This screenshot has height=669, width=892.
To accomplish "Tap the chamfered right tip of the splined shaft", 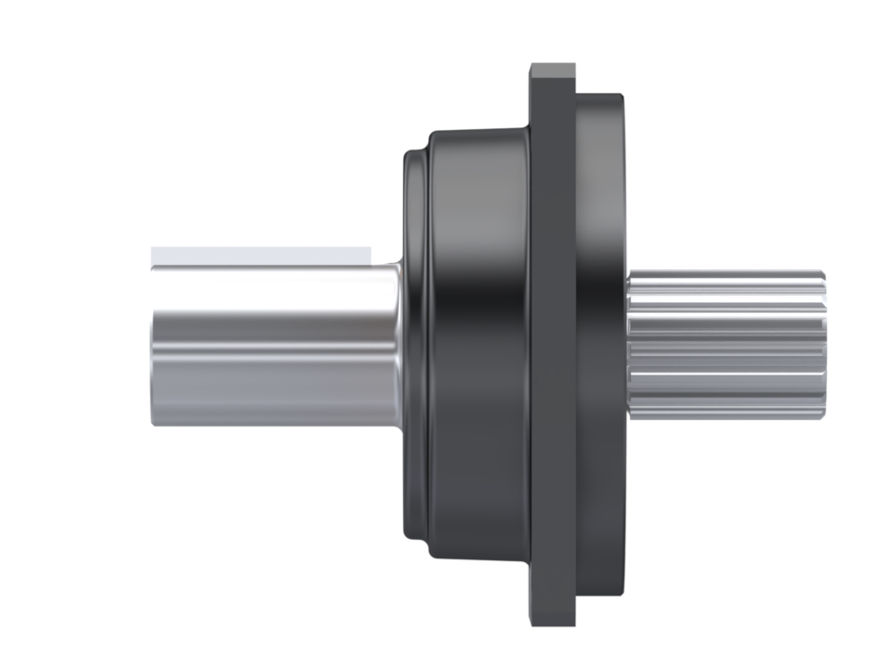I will point(821,344).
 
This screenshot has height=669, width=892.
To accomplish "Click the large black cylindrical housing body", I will point(479,344).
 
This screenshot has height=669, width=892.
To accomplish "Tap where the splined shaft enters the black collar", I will point(630,344).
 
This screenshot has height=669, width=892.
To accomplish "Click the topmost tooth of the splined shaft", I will point(725,276).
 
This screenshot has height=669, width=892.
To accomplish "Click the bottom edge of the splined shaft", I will point(725,417).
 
